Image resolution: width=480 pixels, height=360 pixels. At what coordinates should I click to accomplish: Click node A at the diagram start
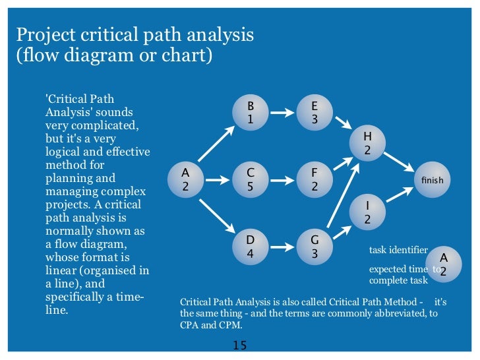[x=185, y=179]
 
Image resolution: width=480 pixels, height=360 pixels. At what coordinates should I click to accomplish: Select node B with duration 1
[x=250, y=113]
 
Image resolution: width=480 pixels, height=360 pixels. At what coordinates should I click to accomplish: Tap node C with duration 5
[x=250, y=179]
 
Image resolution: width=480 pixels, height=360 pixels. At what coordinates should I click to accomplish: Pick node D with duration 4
[x=250, y=245]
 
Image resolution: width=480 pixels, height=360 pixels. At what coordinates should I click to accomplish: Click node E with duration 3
[x=315, y=113]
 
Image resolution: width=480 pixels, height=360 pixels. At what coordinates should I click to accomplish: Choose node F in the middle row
[x=315, y=179]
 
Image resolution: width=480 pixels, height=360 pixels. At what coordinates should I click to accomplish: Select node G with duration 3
[x=315, y=245]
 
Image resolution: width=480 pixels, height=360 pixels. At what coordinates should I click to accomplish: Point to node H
[x=367, y=143]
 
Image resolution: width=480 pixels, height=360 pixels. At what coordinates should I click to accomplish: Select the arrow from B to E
[x=282, y=113]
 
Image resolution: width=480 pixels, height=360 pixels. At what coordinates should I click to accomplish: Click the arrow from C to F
[x=282, y=179]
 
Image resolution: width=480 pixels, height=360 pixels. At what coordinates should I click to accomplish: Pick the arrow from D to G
[x=282, y=246]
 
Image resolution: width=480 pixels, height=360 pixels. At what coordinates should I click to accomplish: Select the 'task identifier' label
[x=398, y=251]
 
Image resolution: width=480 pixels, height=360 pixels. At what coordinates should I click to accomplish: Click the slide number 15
[x=239, y=345]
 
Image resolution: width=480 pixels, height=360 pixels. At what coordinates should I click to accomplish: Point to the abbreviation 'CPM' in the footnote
[x=231, y=325]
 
